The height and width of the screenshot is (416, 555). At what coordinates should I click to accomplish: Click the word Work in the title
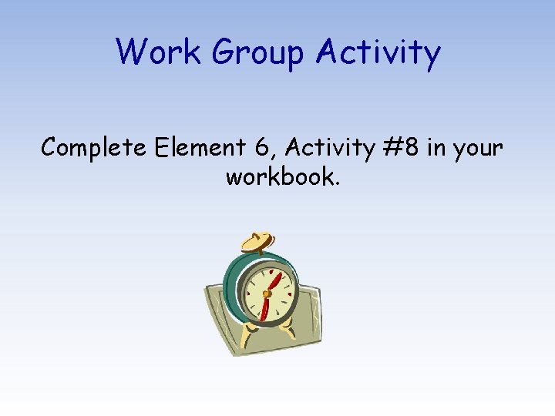tap(157, 52)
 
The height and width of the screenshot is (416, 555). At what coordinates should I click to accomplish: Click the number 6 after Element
tap(254, 146)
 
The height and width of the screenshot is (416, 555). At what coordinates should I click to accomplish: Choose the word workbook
tap(279, 177)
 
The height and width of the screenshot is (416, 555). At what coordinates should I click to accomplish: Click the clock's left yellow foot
tap(249, 335)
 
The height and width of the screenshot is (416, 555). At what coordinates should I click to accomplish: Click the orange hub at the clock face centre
tap(266, 294)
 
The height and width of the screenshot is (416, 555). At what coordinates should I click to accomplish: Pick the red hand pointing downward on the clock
tap(264, 308)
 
